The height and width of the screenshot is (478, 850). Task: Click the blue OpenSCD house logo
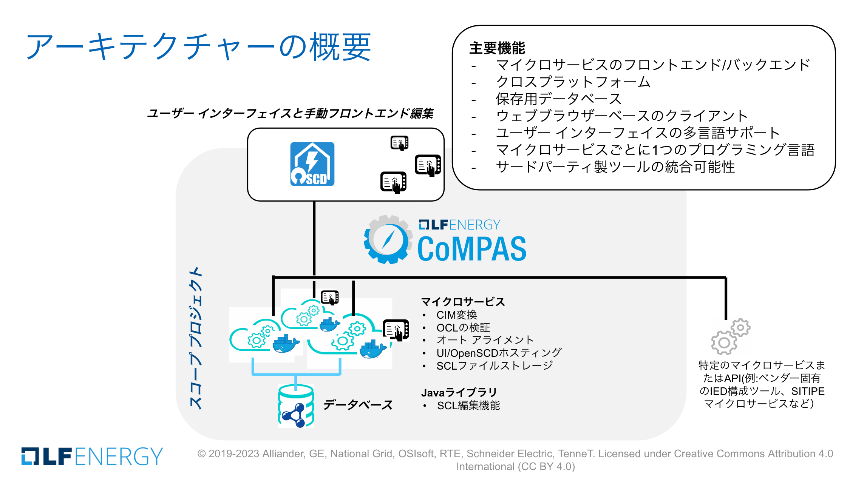(x=312, y=164)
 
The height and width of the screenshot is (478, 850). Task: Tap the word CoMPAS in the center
(x=472, y=249)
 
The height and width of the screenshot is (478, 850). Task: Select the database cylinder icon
(x=296, y=406)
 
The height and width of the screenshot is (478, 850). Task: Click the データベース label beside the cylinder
(x=358, y=405)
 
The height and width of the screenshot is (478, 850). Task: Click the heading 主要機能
(x=497, y=48)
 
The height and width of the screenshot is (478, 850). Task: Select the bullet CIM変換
(x=457, y=315)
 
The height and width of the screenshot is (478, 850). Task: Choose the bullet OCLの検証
(x=463, y=327)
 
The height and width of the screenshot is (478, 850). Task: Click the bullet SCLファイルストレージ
(x=495, y=365)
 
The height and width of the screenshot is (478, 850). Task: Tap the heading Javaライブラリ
(x=459, y=392)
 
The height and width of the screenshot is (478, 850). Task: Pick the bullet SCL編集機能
(x=468, y=406)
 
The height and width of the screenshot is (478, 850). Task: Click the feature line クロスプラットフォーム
(x=573, y=82)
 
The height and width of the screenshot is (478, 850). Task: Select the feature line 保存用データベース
(x=558, y=99)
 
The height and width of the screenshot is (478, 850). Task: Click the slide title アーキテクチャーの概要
(x=198, y=47)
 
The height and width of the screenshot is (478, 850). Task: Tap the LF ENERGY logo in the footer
(x=92, y=456)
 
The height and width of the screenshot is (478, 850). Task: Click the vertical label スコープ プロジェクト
(x=196, y=338)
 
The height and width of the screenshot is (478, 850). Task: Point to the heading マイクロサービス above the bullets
(x=463, y=301)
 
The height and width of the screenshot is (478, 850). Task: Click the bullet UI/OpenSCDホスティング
(x=499, y=353)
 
